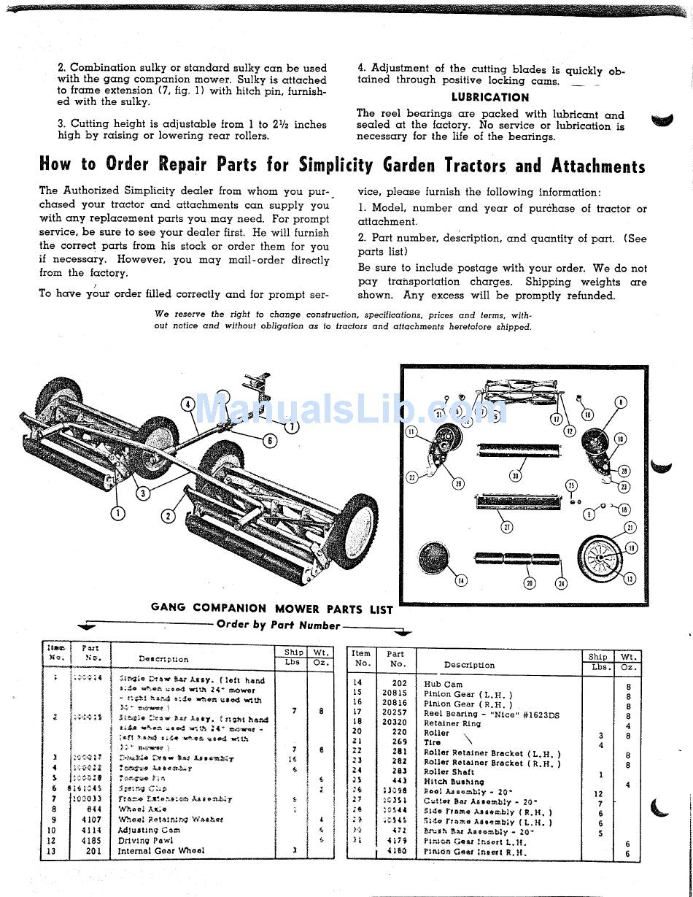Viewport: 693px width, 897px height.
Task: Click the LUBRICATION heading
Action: (489, 97)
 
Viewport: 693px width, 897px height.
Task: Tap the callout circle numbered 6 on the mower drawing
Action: (269, 440)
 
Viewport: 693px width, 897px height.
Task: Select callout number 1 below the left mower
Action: (117, 513)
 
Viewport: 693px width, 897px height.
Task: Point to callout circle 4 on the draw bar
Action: (187, 404)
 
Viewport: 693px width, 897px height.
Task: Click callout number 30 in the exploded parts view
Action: (516, 476)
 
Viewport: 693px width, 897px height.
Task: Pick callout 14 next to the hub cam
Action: (460, 581)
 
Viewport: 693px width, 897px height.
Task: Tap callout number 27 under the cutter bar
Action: (506, 527)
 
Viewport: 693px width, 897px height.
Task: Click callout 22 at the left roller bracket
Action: (411, 477)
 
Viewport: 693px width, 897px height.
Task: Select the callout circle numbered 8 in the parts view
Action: (621, 402)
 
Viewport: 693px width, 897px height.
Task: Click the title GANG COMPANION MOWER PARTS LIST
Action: (272, 608)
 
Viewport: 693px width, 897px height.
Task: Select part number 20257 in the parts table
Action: (395, 714)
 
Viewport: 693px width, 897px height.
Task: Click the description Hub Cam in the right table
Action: (443, 684)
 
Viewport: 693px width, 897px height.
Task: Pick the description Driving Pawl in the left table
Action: (147, 840)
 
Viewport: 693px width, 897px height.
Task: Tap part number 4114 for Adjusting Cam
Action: (91, 830)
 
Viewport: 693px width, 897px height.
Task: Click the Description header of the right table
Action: (469, 665)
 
